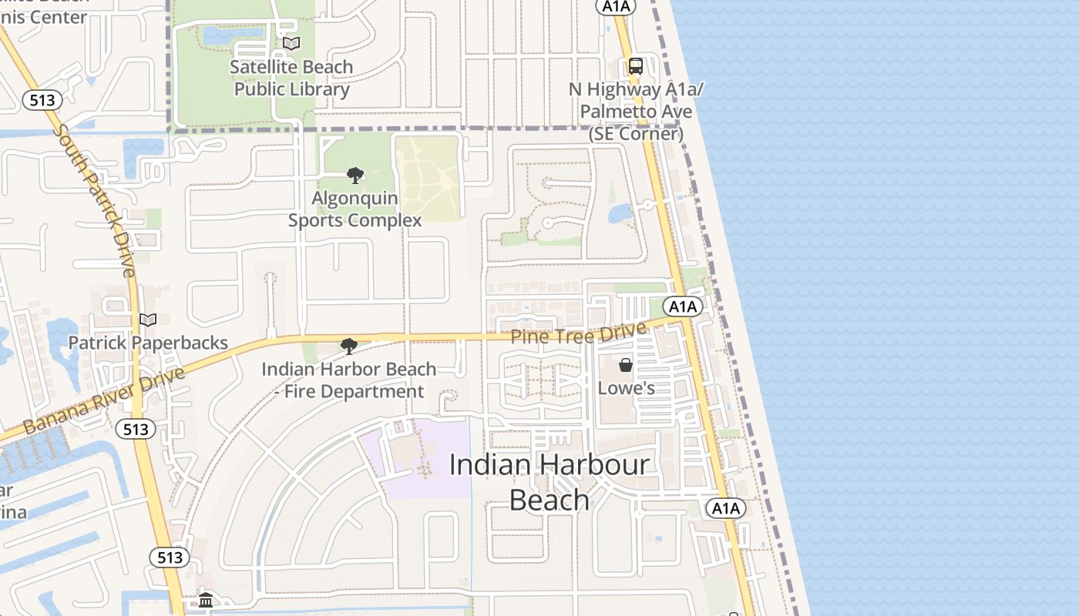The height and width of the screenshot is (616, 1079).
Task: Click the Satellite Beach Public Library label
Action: coord(291,78)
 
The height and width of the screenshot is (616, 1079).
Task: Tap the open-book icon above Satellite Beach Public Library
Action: coord(291,44)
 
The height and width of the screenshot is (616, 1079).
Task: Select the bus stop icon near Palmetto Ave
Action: coord(635,66)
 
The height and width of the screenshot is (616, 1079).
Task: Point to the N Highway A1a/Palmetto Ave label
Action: coord(636,112)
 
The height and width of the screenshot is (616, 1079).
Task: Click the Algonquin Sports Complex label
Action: coord(355,209)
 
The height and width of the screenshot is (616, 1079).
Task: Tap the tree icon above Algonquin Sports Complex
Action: coord(355,176)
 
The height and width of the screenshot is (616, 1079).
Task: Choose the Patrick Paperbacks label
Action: coord(148,343)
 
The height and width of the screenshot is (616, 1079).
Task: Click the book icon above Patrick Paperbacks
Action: coord(147,320)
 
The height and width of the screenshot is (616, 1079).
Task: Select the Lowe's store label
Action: coord(626,388)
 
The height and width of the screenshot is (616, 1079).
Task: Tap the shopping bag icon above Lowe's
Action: coord(626,364)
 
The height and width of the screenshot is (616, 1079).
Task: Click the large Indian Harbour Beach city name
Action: coord(550,482)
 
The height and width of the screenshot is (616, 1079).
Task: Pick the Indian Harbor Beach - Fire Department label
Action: coord(349,380)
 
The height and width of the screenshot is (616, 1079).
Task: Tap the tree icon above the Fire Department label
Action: coord(349,346)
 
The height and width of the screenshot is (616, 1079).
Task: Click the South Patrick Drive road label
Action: coord(96,200)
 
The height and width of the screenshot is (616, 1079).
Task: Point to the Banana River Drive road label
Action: coord(105,400)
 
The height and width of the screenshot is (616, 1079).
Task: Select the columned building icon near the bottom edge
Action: coord(206,600)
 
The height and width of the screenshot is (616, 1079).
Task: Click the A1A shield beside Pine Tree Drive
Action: coord(682,306)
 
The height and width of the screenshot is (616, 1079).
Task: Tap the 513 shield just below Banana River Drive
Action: coord(136,429)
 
